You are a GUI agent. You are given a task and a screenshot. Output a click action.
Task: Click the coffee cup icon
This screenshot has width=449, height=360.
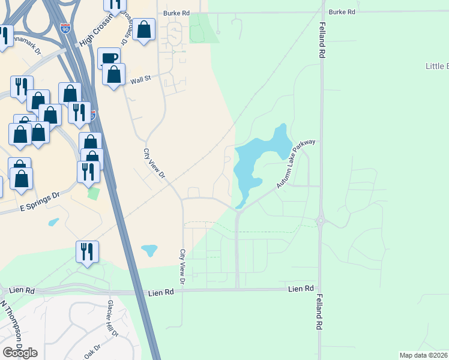(109, 58)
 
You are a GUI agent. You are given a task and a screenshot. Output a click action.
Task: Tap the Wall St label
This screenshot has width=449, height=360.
(137, 77)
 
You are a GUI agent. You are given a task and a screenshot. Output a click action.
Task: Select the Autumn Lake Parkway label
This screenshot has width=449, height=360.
(296, 163)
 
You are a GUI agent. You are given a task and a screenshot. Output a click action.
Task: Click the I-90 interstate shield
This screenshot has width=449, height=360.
(65, 28)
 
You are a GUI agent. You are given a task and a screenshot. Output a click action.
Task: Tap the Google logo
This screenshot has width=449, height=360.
(20, 352)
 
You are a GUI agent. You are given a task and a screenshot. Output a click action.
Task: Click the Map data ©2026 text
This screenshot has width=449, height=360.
(423, 355)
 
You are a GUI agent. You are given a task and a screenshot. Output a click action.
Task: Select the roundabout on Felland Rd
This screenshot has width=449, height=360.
(321, 221)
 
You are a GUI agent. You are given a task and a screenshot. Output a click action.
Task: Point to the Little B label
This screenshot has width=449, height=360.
(436, 66)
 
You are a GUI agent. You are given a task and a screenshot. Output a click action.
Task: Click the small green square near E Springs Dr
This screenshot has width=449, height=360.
(92, 193)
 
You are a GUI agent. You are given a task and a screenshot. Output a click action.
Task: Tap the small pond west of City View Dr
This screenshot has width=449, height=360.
(149, 249)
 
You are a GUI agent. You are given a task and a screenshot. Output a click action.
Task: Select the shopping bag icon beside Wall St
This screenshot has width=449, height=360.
(113, 74)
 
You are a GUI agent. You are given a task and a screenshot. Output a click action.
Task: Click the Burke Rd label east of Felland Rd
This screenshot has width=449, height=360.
(342, 12)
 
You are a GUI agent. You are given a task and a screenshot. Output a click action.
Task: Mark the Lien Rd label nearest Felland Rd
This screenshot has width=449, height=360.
(301, 289)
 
